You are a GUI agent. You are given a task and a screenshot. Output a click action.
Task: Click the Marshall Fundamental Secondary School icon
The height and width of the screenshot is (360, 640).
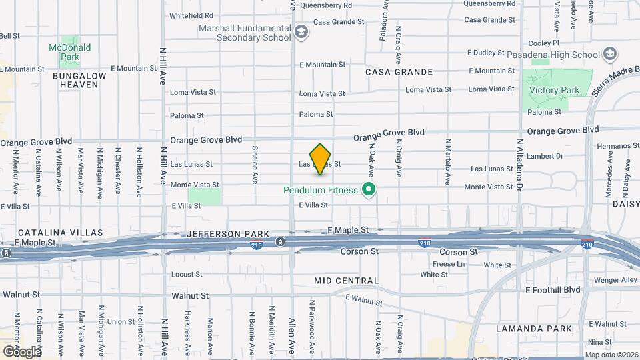click(301, 33)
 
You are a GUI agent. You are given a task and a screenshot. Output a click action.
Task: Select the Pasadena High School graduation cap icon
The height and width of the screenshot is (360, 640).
click(609, 54)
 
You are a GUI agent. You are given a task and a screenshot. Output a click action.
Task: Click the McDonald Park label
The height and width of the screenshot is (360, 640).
click(69, 53)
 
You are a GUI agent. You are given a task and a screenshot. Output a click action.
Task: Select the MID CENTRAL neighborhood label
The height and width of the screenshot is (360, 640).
click(346, 281)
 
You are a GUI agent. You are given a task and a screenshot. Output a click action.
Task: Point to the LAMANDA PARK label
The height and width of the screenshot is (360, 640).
click(534, 329)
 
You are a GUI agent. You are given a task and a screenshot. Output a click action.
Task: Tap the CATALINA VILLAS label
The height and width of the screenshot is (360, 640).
click(51, 233)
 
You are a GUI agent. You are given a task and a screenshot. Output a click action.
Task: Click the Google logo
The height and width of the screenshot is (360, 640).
click(21, 351)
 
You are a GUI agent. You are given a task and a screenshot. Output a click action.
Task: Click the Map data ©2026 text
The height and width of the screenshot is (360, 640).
click(611, 355)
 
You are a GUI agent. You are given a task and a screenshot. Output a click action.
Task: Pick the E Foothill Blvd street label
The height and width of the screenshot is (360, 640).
click(553, 290)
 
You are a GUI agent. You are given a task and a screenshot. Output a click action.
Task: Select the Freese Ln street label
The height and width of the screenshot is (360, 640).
click(453, 264)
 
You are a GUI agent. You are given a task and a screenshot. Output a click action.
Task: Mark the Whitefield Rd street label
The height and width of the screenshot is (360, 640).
click(191, 15)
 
